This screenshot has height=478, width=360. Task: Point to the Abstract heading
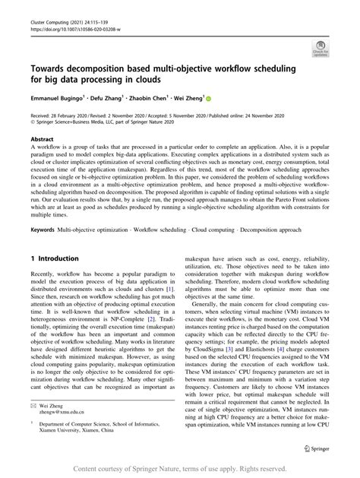[43, 139]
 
